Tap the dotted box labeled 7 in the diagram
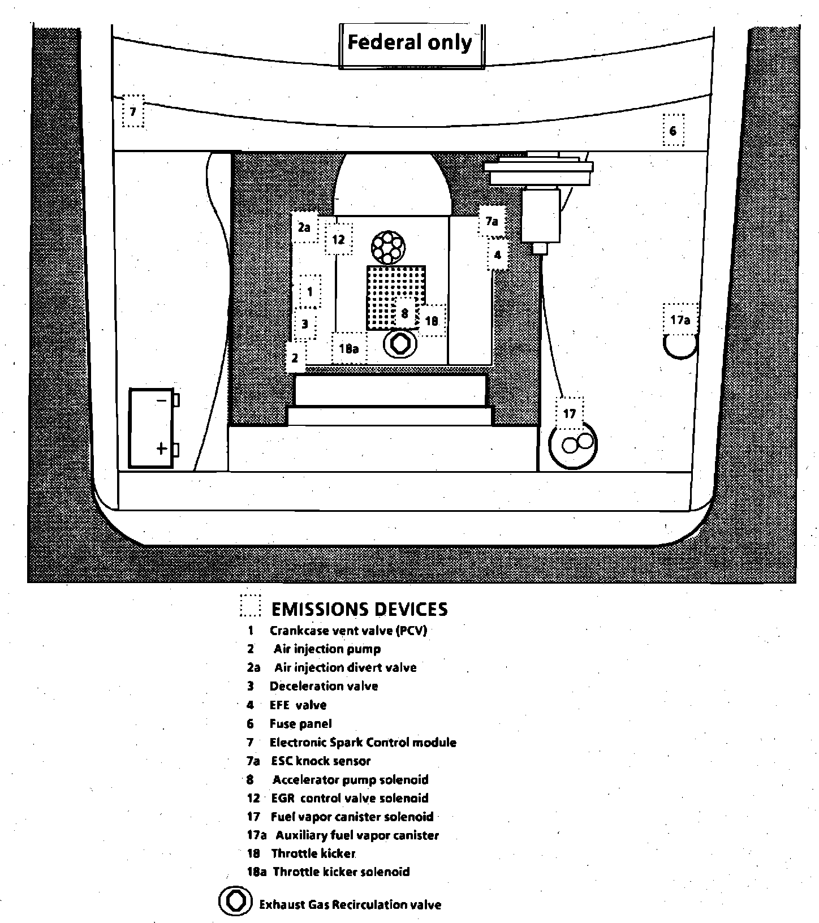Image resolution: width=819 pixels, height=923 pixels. (133, 111)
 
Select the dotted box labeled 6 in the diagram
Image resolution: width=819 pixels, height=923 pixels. (673, 131)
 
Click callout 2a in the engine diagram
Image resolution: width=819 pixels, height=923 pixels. (304, 227)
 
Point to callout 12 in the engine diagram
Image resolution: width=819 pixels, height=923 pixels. (338, 239)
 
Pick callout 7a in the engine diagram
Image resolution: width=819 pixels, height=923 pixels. (492, 221)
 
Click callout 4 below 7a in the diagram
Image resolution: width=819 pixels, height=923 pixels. (497, 255)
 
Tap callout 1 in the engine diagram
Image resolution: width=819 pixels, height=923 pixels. (309, 292)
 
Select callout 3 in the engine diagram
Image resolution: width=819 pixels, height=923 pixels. (305, 324)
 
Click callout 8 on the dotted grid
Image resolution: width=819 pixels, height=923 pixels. (404, 313)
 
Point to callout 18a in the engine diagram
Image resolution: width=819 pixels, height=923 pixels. (348, 348)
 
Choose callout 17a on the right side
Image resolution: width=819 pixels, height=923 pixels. (680, 320)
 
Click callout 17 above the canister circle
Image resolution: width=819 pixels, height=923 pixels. (569, 413)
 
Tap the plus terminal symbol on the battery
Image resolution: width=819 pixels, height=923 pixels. (162, 449)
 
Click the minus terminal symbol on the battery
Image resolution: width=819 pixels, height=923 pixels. (161, 400)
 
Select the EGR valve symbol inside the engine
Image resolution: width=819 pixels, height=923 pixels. (400, 344)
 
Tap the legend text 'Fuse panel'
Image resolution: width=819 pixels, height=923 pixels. (300, 723)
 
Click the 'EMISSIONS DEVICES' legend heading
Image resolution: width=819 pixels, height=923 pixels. (360, 609)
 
